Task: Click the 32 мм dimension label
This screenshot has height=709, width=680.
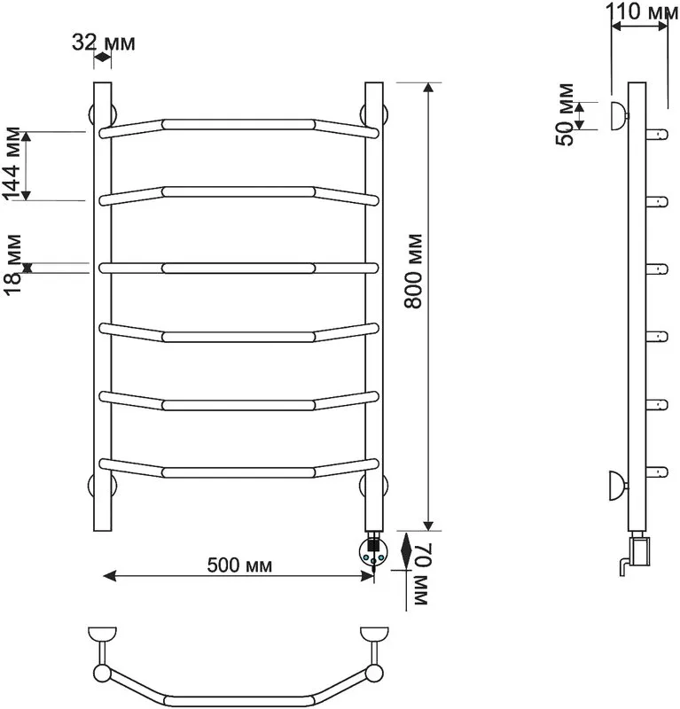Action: tap(104, 43)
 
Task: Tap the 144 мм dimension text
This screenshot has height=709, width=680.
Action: tap(12, 164)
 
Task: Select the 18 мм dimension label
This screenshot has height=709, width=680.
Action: tap(12, 264)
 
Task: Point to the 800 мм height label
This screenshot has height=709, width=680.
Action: tap(412, 271)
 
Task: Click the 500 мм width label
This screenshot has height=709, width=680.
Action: tap(239, 565)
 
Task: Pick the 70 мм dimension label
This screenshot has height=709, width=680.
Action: tap(420, 574)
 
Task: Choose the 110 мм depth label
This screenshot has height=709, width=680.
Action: tap(642, 12)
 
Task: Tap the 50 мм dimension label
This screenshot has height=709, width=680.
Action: tap(565, 115)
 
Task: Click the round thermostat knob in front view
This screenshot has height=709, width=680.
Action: tap(373, 551)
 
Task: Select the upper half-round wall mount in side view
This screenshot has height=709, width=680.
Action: tap(618, 116)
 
